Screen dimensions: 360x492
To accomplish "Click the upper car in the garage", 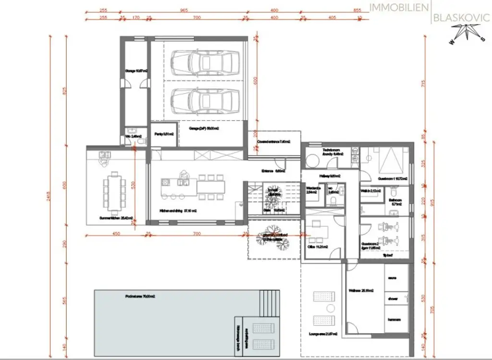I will pyautogui.click(x=205, y=61).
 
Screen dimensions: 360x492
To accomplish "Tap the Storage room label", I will pyautogui.click(x=136, y=71).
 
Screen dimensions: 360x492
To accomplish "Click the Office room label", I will pyautogui.click(x=318, y=247).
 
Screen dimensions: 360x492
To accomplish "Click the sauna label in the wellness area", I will pyautogui.click(x=393, y=278).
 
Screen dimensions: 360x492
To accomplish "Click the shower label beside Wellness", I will pyautogui.click(x=393, y=298).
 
